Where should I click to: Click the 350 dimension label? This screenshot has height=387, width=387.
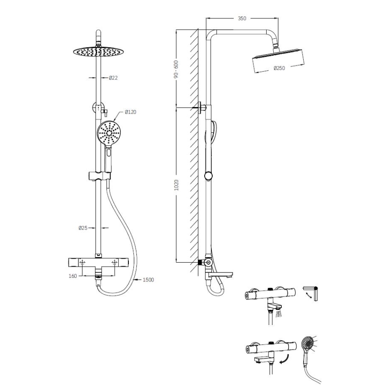(x=242, y=19)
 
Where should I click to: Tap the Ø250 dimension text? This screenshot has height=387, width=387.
(x=279, y=68)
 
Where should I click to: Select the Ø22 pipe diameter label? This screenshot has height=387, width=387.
(x=113, y=78)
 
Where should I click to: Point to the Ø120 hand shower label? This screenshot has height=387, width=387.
(x=131, y=111)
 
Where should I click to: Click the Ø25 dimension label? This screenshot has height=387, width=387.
(x=83, y=228)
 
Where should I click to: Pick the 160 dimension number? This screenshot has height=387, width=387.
(x=72, y=276)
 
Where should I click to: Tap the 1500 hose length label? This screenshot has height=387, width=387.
(x=148, y=280)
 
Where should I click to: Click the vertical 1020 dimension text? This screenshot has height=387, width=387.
(x=177, y=185)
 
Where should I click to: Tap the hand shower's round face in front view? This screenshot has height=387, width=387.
(x=109, y=132)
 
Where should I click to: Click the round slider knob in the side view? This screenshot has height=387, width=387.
(x=208, y=176)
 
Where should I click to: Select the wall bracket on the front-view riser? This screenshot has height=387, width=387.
(x=99, y=108)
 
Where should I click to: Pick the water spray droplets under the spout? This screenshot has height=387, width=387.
(x=279, y=315)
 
